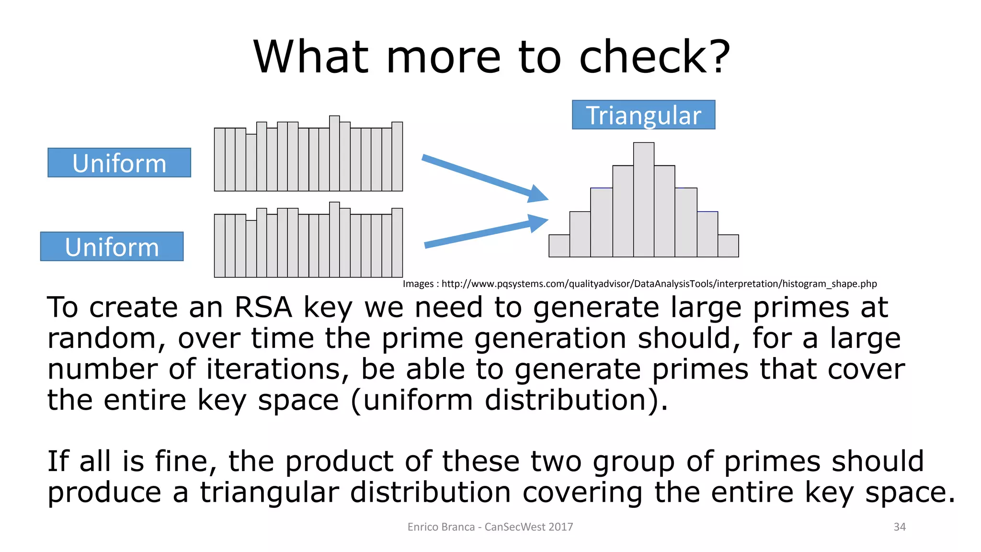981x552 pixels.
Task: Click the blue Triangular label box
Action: point(643,115)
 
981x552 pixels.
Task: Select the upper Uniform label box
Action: point(119,163)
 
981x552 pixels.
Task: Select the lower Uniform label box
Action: point(112,247)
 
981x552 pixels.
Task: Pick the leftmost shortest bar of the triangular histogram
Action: point(559,246)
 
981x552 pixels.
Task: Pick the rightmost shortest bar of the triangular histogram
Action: point(728,246)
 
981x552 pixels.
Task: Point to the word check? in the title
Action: point(654,57)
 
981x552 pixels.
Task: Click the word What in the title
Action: point(310,57)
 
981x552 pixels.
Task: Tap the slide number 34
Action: point(900,527)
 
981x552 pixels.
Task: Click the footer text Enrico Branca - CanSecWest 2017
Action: point(490,527)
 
